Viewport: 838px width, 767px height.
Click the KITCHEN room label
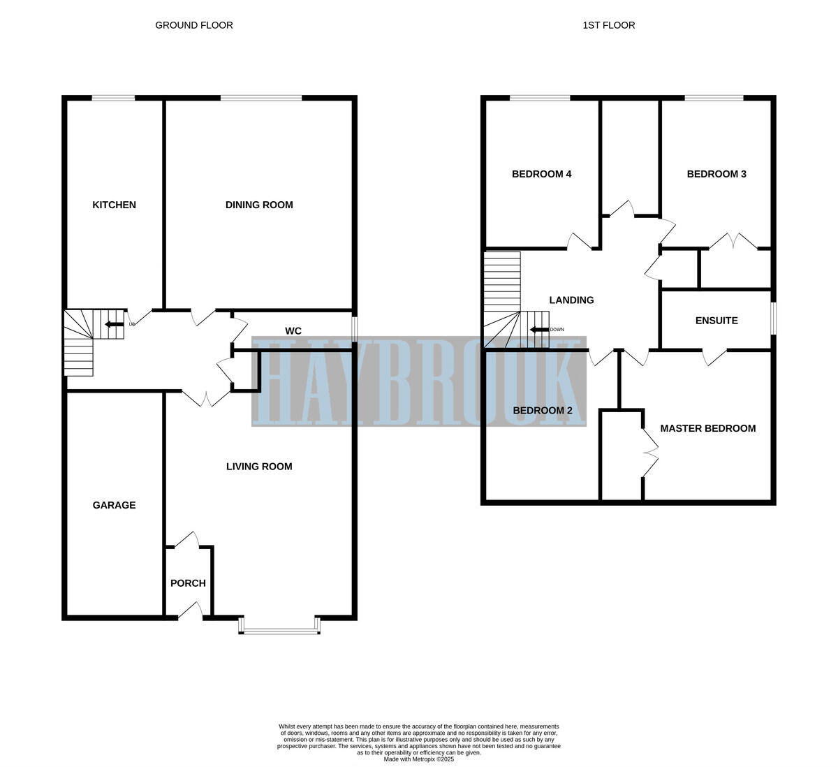(114, 205)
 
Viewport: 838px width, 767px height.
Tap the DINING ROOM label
(259, 205)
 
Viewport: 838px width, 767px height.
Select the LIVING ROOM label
(259, 467)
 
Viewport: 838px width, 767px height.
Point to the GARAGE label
(114, 505)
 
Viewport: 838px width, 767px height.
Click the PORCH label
(188, 583)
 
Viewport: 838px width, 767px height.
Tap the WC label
(293, 330)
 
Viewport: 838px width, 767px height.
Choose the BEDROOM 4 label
(542, 174)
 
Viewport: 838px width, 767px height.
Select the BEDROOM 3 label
(716, 174)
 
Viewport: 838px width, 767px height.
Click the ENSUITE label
(716, 321)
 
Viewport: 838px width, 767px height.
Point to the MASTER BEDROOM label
(707, 428)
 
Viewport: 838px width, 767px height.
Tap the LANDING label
(571, 300)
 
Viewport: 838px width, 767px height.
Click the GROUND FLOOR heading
(194, 25)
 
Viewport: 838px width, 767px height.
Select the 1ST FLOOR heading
(609, 25)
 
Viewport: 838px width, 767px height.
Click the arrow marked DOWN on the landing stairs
(538, 330)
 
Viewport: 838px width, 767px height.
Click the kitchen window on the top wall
(113, 98)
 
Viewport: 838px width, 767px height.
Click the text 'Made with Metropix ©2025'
(419, 759)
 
